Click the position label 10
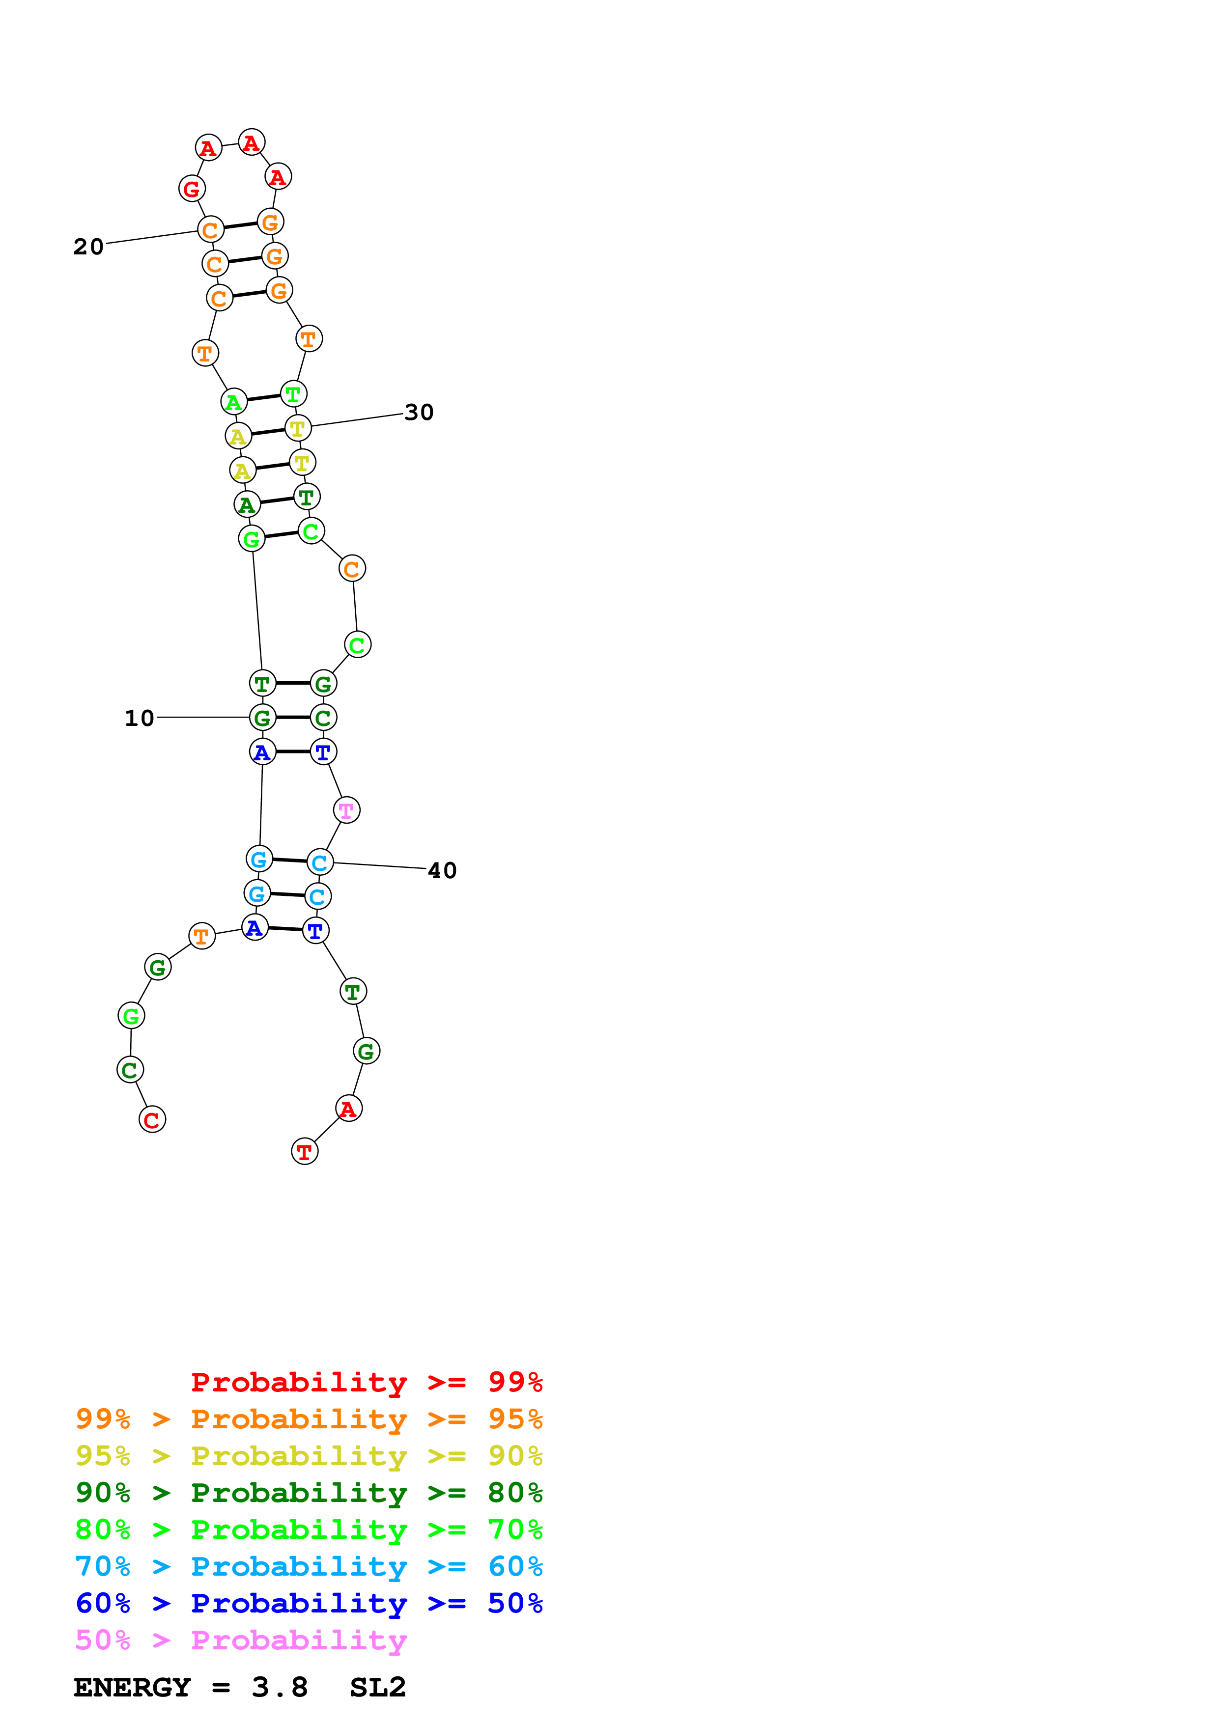coord(139,718)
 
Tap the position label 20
coord(88,247)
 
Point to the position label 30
coord(419,412)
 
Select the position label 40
coord(442,870)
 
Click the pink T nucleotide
coord(346,810)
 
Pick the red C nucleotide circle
coord(152,1120)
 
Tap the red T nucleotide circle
coord(305,1151)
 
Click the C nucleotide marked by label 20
coord(211,230)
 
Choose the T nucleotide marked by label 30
coord(298,428)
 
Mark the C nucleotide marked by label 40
coord(320,863)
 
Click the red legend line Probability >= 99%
coord(366,1382)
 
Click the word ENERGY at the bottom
coord(132,1688)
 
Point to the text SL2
coord(377,1688)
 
